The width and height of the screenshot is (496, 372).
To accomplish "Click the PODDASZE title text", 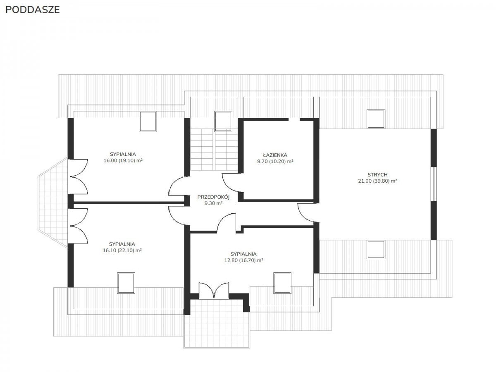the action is [33, 10].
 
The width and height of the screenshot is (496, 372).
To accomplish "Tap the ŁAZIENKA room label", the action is [275, 155].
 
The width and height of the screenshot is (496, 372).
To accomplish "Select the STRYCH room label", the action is [377, 174].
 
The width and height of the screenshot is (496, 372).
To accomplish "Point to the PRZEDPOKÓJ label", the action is [213, 197].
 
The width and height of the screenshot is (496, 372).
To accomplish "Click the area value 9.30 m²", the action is [213, 203].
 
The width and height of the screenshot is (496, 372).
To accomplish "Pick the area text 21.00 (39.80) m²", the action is [377, 181].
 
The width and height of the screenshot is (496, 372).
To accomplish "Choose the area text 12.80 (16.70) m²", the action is [243, 260].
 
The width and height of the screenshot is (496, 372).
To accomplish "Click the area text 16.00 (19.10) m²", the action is [123, 161].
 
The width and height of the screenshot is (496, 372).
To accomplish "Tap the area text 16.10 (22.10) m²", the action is [122, 250].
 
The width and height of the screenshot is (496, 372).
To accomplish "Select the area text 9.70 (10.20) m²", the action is [275, 162].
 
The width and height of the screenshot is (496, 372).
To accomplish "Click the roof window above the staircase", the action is [223, 121].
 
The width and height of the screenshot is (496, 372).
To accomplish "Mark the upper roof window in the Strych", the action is [376, 119].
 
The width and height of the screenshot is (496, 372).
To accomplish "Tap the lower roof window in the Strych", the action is [376, 249].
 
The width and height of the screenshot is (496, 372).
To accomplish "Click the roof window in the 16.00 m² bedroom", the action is [148, 121].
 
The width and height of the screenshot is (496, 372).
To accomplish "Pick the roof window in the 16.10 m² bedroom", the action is [126, 283].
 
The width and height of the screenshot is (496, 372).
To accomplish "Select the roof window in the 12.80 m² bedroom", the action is [282, 283].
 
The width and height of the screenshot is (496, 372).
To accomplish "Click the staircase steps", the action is [214, 150].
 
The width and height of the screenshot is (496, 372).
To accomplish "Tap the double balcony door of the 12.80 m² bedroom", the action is [214, 291].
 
